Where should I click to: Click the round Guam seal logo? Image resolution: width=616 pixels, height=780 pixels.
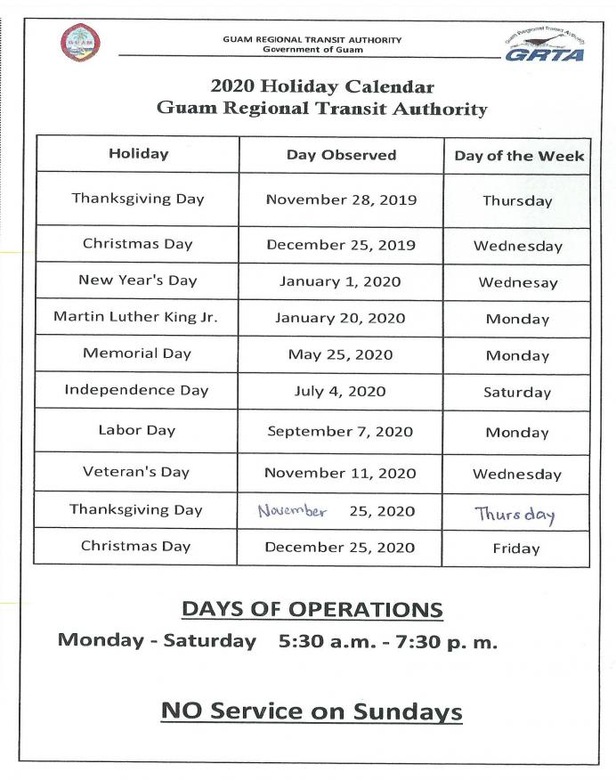pos(80,43)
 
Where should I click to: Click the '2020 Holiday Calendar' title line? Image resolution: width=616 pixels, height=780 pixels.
pos(322,87)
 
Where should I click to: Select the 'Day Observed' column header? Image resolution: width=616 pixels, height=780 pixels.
pos(341,155)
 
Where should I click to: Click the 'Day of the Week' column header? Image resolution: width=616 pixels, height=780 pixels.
pos(519,156)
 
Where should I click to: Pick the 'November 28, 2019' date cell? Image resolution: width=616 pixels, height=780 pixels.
pos(341,199)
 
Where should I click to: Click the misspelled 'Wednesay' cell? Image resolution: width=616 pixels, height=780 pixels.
pos(518,283)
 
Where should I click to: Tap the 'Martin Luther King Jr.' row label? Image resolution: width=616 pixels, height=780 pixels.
pos(135,317)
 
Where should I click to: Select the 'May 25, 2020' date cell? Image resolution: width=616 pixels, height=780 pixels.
pos(341,354)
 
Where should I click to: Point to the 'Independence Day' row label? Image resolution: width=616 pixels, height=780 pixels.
pos(136,390)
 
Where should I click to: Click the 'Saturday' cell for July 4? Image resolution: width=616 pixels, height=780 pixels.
pos(517,392)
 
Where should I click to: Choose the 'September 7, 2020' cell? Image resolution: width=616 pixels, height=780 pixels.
pos(340,431)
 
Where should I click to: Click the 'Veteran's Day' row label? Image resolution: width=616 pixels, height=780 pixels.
pos(136,472)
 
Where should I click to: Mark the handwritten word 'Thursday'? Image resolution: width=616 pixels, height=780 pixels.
pos(515,514)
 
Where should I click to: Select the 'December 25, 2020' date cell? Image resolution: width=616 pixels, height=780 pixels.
pos(340,547)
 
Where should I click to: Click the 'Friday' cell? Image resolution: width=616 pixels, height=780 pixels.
pos(516,548)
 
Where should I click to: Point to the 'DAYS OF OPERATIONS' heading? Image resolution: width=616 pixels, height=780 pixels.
pos(312,609)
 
